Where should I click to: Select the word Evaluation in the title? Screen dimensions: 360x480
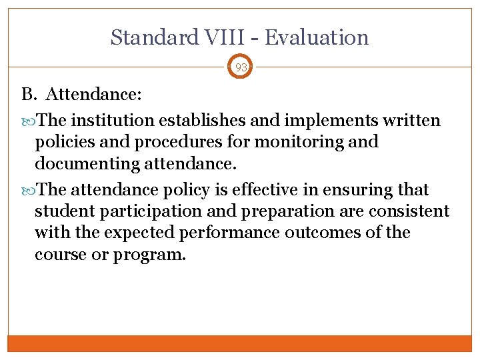(317, 37)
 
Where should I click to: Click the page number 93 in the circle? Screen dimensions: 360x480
(241, 67)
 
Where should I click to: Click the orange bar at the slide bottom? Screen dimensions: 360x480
(240, 343)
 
